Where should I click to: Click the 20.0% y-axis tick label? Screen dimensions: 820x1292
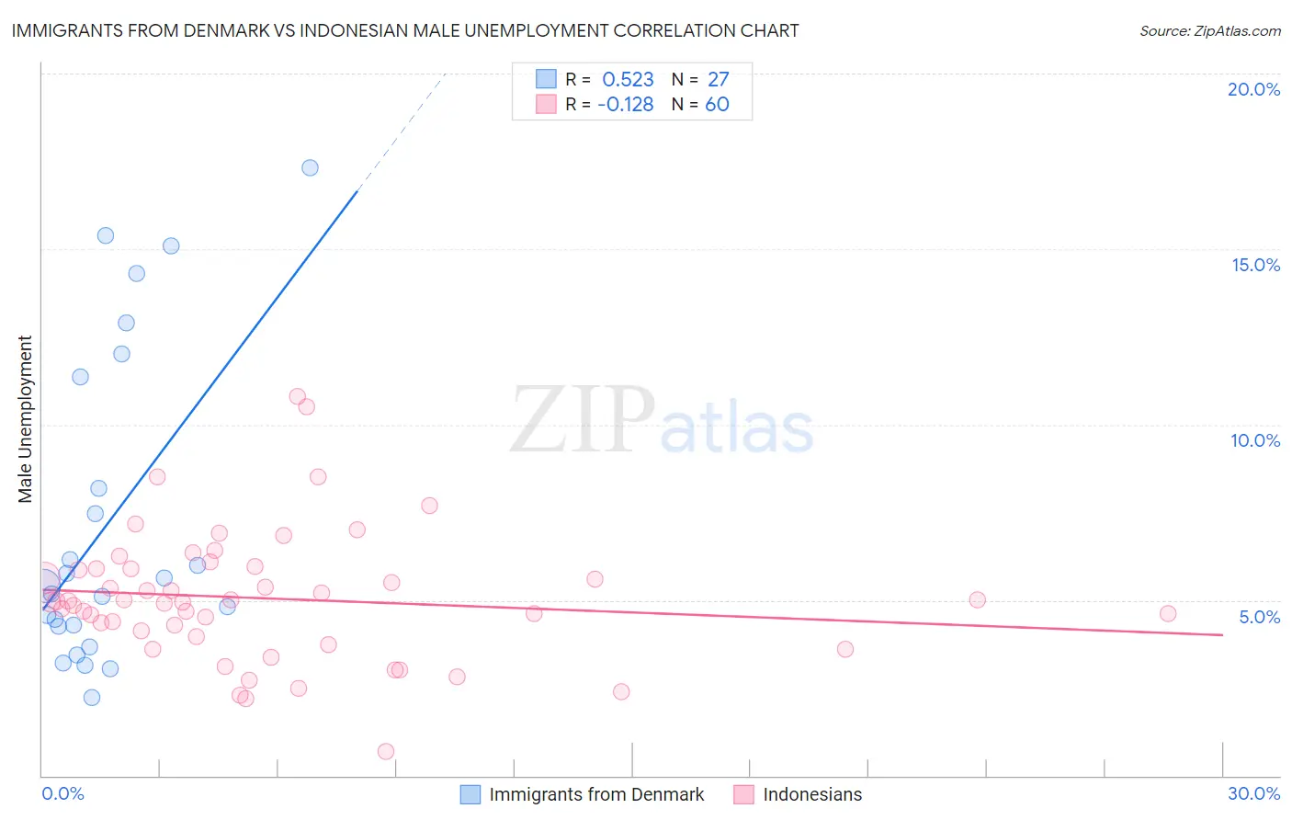pos(1253,89)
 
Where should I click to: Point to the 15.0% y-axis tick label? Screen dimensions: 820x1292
pos(1255,265)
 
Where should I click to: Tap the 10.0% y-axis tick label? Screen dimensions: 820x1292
pos(1255,440)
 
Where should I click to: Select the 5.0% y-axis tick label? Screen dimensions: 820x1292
pos(1259,617)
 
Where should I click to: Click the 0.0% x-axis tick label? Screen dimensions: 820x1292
pos(62,793)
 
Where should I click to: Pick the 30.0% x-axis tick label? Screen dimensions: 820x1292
pos(1253,793)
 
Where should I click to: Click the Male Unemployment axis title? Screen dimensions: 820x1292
pos(26,419)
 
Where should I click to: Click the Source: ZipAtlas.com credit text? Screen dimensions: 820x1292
pos(1209,30)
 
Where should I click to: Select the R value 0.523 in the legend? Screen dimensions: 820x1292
pos(628,79)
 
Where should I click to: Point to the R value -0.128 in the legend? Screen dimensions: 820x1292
pos(625,104)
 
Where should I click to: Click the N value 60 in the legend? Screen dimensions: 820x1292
pos(717,104)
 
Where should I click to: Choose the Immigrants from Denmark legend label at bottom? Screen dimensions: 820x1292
pos(596,794)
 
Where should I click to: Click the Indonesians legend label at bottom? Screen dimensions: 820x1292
pos(812,794)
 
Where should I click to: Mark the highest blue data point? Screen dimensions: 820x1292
pos(310,167)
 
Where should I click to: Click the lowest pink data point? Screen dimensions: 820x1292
pos(386,751)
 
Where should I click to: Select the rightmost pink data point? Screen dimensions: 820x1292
pos(1168,613)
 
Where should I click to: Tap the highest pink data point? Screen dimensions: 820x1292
pos(297,396)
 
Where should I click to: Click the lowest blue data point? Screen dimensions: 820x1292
pos(92,697)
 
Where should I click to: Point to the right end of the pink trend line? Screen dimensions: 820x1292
pos(1223,634)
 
